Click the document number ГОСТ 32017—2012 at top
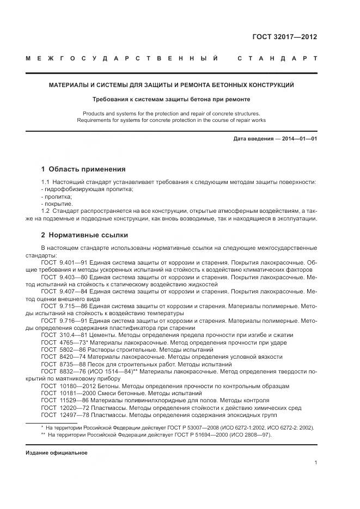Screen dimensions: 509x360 click(x=284, y=37)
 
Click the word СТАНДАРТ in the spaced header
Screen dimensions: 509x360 click(x=277, y=58)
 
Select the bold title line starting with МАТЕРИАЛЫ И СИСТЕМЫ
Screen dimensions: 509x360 click(x=172, y=85)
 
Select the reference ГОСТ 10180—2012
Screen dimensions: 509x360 click(x=68, y=385)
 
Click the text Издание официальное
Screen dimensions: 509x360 click(x=57, y=452)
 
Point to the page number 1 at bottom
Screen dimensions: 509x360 click(x=315, y=462)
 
